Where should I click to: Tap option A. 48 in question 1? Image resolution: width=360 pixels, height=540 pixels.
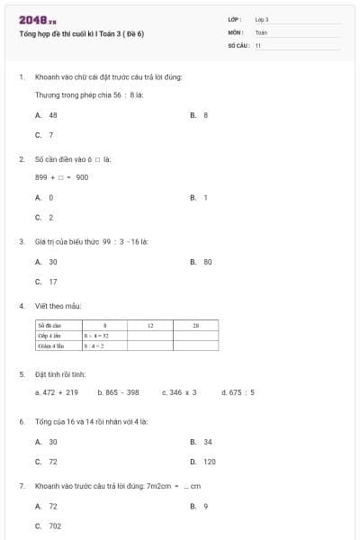47,115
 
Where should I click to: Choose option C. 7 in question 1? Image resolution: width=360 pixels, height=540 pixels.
44,135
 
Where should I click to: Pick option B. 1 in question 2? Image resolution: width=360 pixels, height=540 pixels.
200,197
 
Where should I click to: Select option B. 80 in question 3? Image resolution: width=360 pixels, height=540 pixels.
202,262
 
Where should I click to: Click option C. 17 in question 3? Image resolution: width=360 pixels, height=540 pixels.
47,282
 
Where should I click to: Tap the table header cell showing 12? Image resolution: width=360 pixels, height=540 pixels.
150,325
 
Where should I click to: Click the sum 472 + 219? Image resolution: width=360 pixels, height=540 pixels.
57,392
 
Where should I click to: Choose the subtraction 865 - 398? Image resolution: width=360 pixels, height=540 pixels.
118,392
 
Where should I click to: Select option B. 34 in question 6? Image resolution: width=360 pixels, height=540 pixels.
202,442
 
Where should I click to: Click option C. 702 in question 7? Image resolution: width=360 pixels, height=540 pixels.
49,526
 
